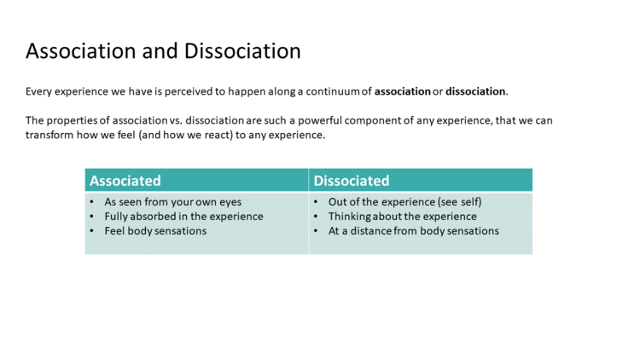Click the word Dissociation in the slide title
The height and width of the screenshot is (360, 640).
click(242, 51)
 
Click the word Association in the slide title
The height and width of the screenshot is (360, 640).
click(81, 51)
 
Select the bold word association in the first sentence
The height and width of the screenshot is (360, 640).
click(403, 91)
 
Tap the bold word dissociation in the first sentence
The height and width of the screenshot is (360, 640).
click(475, 91)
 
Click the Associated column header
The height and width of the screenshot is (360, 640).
click(125, 180)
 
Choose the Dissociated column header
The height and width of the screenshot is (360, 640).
click(352, 180)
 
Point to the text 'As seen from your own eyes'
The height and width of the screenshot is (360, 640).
click(173, 202)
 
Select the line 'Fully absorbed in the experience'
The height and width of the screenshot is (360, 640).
click(183, 217)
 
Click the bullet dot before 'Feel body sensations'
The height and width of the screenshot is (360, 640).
click(92, 231)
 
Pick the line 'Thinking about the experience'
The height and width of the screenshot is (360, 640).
click(403, 217)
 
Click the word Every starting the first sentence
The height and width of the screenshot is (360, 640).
click(38, 92)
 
